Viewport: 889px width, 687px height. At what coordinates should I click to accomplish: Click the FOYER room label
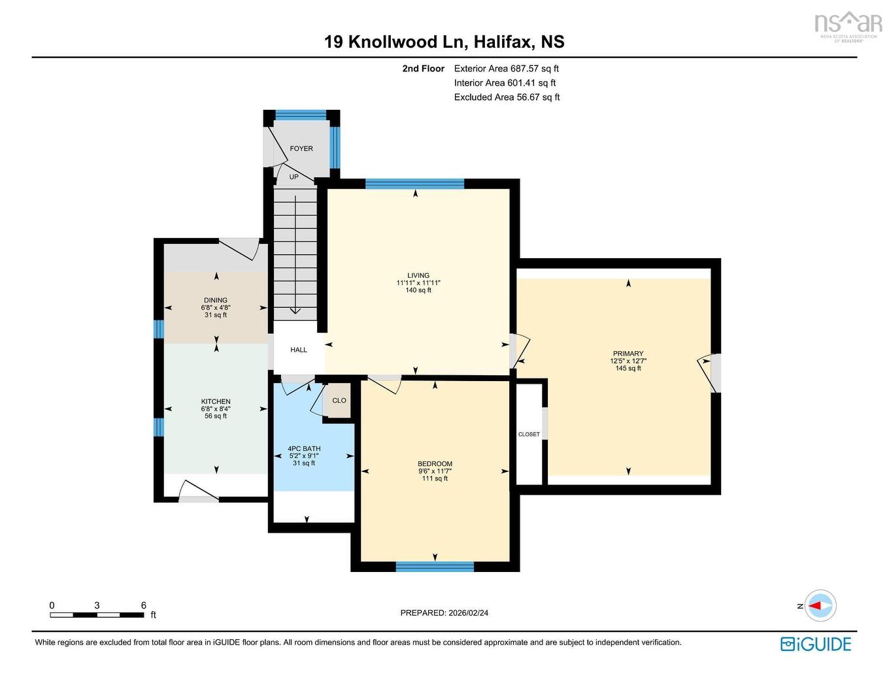pyautogui.click(x=301, y=148)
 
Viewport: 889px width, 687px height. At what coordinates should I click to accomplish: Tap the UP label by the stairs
pyautogui.click(x=294, y=177)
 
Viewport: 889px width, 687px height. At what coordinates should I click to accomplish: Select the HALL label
pyautogui.click(x=299, y=350)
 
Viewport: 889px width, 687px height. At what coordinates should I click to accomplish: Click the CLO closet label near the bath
pyautogui.click(x=339, y=401)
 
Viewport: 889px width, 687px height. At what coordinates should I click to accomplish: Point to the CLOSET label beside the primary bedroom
pyautogui.click(x=529, y=434)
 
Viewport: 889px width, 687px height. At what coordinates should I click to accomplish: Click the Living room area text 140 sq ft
pyautogui.click(x=418, y=290)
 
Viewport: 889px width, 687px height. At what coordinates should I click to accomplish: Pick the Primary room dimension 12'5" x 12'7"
pyautogui.click(x=628, y=361)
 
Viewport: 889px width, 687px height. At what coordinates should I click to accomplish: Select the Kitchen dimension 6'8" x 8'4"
pyautogui.click(x=216, y=409)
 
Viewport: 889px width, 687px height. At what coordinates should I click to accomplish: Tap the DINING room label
pyautogui.click(x=216, y=300)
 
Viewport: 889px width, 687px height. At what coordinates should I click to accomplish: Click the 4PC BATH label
pyautogui.click(x=304, y=449)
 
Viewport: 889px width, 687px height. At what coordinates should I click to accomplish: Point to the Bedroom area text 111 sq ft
pyautogui.click(x=435, y=478)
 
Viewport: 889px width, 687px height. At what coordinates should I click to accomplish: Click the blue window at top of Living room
pyautogui.click(x=414, y=184)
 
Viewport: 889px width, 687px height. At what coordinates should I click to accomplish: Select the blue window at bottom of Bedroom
pyautogui.click(x=435, y=567)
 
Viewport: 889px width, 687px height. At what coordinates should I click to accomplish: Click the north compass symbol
pyautogui.click(x=820, y=606)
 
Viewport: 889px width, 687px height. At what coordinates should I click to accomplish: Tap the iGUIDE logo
pyautogui.click(x=816, y=644)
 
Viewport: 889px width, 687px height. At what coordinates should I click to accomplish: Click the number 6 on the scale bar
pyautogui.click(x=144, y=605)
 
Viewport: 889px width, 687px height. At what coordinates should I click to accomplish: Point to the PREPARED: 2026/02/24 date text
pyautogui.click(x=444, y=613)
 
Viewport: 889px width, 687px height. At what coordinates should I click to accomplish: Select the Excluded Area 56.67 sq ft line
pyautogui.click(x=507, y=97)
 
